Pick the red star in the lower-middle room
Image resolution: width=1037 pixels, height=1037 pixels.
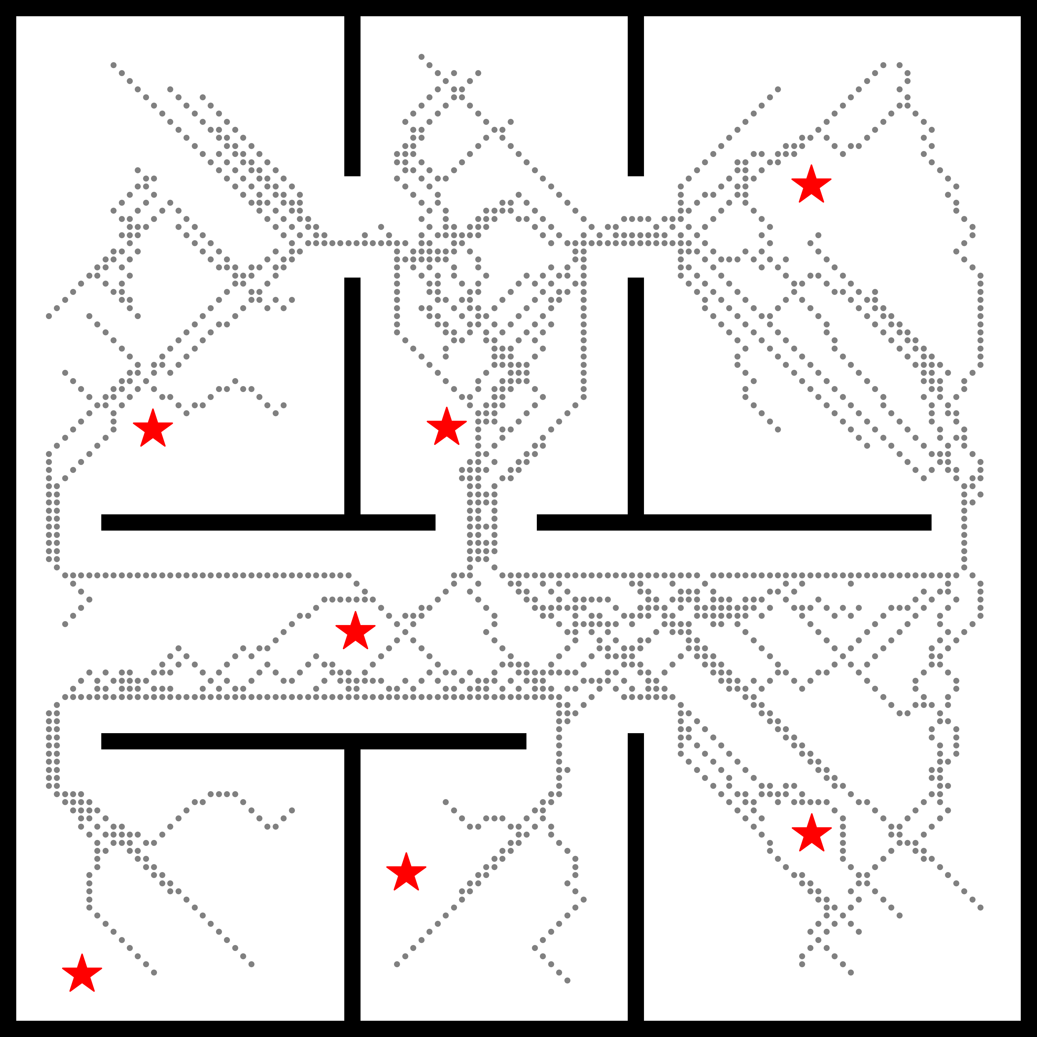pyautogui.click(x=406, y=872)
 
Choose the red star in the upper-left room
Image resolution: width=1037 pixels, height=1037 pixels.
pyautogui.click(x=153, y=429)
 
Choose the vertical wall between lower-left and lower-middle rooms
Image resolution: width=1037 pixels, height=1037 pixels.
pyautogui.click(x=352, y=886)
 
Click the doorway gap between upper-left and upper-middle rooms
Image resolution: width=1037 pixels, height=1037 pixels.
pyautogui.click(x=352, y=226)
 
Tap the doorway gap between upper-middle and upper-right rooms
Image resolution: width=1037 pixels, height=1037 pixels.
pyautogui.click(x=636, y=226)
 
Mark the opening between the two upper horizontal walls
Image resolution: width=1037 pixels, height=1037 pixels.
pyautogui.click(x=486, y=522)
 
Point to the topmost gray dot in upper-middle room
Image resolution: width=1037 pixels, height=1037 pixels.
pyautogui.click(x=421, y=57)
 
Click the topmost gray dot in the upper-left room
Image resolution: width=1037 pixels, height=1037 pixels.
pyautogui.click(x=113, y=65)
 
